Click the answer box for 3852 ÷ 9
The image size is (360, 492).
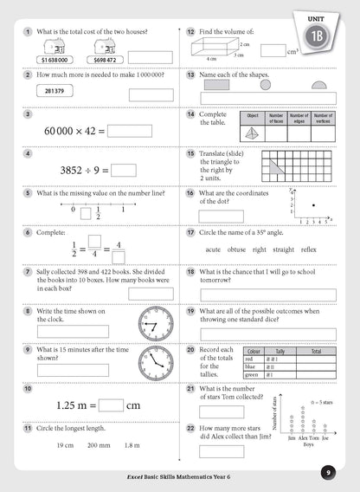coord(123,171)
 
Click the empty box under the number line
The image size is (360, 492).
coord(85,212)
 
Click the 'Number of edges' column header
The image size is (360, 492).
coord(299,118)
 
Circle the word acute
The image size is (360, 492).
coord(213,249)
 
